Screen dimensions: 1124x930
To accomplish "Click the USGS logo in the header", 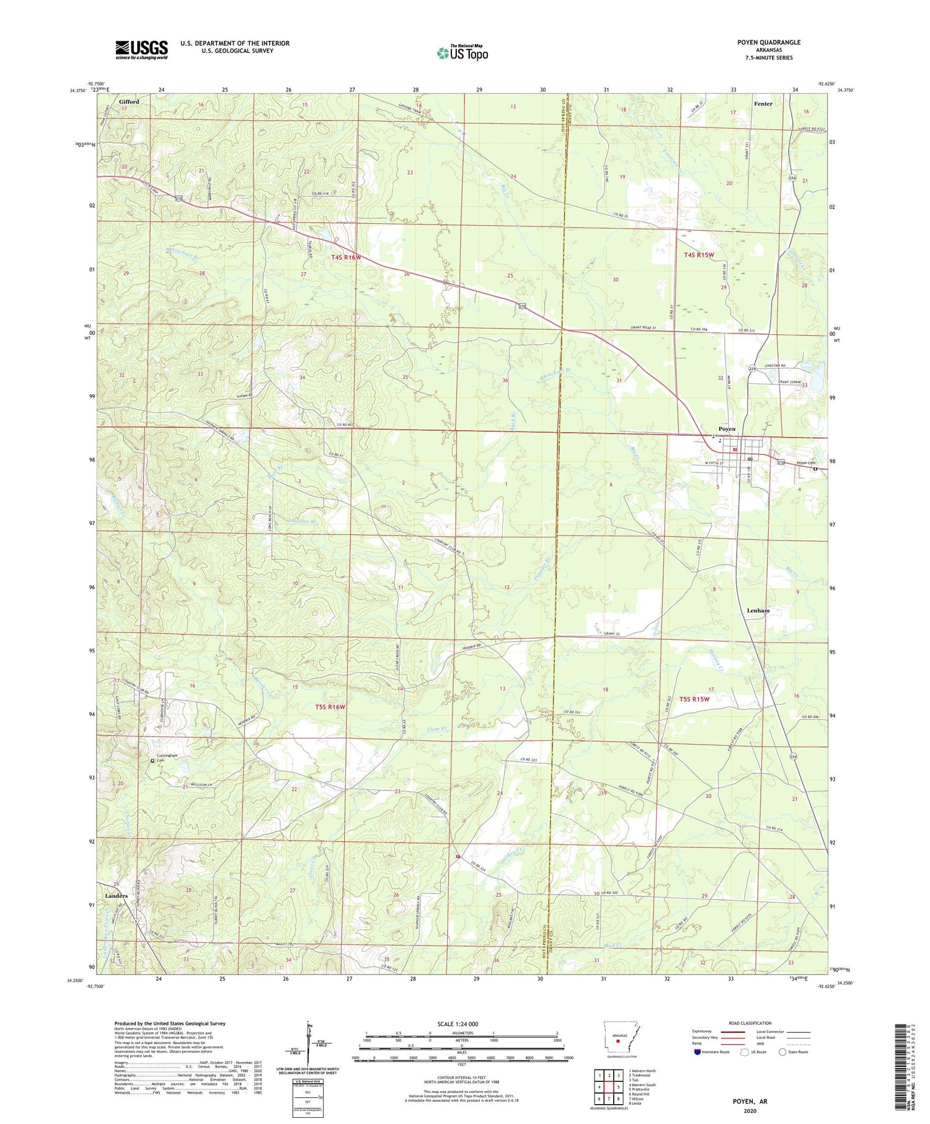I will (141, 50).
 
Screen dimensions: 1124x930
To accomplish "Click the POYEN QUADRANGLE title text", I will (770, 42).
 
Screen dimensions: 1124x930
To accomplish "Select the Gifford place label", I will (129, 102).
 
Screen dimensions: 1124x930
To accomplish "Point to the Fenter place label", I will (763, 104).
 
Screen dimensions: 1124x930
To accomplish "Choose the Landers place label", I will (116, 896).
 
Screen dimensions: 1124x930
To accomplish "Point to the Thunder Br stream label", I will (303, 521).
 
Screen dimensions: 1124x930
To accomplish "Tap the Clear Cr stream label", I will (437, 729).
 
